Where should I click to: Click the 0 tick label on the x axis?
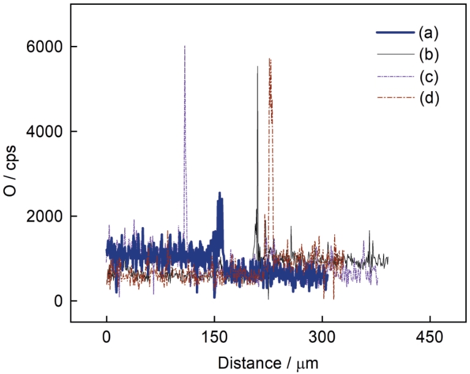[x=106, y=336]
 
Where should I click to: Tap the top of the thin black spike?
[x=258, y=67]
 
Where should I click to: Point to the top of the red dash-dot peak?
[x=269, y=59]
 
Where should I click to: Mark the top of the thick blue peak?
[x=220, y=193]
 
